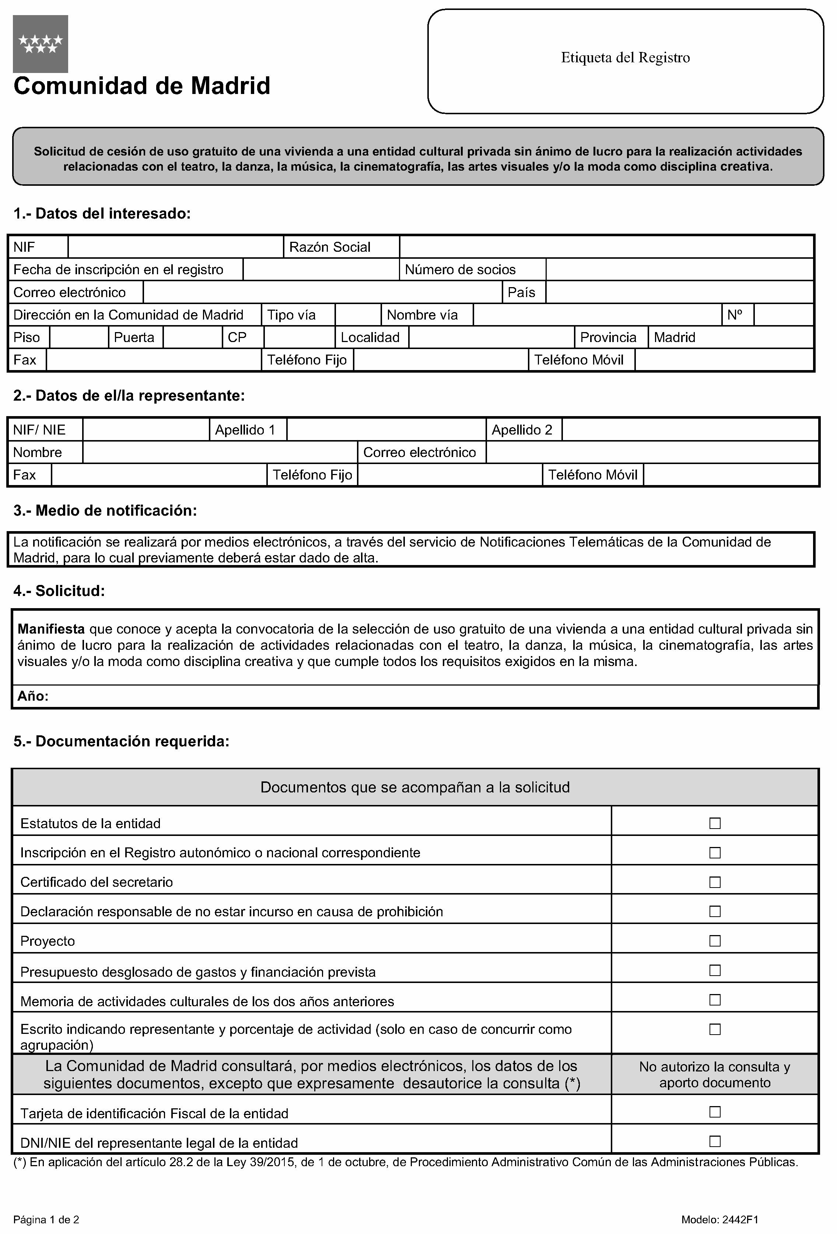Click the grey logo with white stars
click(x=40, y=43)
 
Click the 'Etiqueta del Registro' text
click(x=625, y=57)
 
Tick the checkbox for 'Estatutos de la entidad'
click(x=714, y=823)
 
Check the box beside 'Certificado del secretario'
click(x=714, y=882)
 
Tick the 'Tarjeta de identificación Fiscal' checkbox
click(x=714, y=1111)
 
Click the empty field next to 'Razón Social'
click(x=606, y=247)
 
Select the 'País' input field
click(x=679, y=292)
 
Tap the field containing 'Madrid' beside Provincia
click(x=730, y=337)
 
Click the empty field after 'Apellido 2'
click(x=690, y=429)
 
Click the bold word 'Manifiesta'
click(x=51, y=629)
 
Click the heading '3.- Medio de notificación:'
click(x=105, y=511)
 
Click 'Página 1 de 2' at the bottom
click(x=46, y=1220)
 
